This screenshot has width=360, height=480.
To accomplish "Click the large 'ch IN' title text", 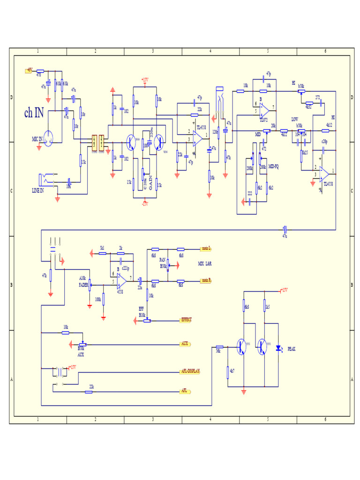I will [34, 112].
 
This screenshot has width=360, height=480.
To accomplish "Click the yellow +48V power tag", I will [29, 70].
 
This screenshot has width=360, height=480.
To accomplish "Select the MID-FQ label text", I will [273, 166].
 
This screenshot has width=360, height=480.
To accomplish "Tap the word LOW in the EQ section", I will [295, 119].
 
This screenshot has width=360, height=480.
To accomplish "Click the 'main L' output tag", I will [206, 248].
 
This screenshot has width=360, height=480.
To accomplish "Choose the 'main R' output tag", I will [206, 280].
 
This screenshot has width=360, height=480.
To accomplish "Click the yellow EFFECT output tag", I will [186, 320].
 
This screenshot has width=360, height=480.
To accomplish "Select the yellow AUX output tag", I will [185, 344].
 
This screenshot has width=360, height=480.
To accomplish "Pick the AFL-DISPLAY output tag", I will [190, 371].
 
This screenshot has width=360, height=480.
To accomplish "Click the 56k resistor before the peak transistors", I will [218, 347].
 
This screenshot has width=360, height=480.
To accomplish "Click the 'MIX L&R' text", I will [205, 264].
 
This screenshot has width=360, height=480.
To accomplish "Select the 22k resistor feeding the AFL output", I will [89, 391].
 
